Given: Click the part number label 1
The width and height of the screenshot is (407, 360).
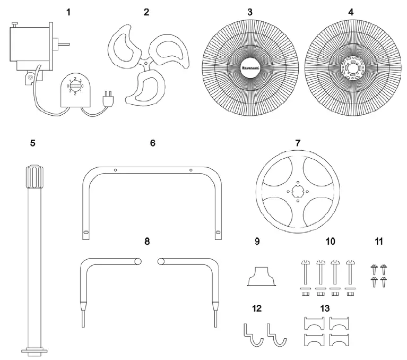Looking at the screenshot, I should (x=67, y=12).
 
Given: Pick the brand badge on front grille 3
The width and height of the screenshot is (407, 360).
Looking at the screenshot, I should (x=249, y=68).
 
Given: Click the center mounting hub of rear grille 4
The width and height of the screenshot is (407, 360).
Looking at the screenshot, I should (x=350, y=68).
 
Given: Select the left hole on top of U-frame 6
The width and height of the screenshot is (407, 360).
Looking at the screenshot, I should (x=115, y=170).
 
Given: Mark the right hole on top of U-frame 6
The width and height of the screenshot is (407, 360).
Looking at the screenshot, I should (x=190, y=170).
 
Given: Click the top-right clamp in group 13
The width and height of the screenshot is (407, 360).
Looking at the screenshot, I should (x=340, y=322).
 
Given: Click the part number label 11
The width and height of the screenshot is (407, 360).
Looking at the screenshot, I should (x=378, y=241).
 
